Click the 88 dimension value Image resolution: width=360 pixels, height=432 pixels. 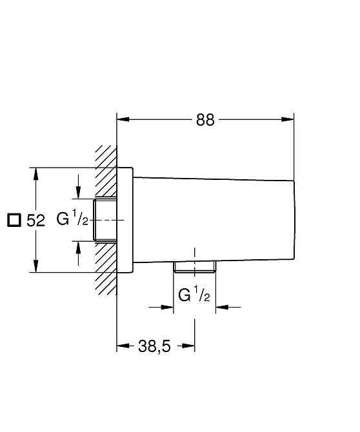(x=205, y=120)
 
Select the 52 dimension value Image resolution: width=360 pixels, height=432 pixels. (x=35, y=221)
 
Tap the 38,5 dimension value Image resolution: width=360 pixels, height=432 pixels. (x=154, y=346)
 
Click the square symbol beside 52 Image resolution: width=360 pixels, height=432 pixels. (x=14, y=221)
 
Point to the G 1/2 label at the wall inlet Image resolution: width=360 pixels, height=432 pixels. (x=72, y=218)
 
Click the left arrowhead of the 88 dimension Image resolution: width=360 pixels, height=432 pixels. (x=123, y=119)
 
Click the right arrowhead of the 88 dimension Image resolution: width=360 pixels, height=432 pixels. (x=288, y=119)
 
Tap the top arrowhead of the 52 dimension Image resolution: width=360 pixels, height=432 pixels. (x=35, y=173)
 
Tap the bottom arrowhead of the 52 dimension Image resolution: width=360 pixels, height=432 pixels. (x=35, y=266)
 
